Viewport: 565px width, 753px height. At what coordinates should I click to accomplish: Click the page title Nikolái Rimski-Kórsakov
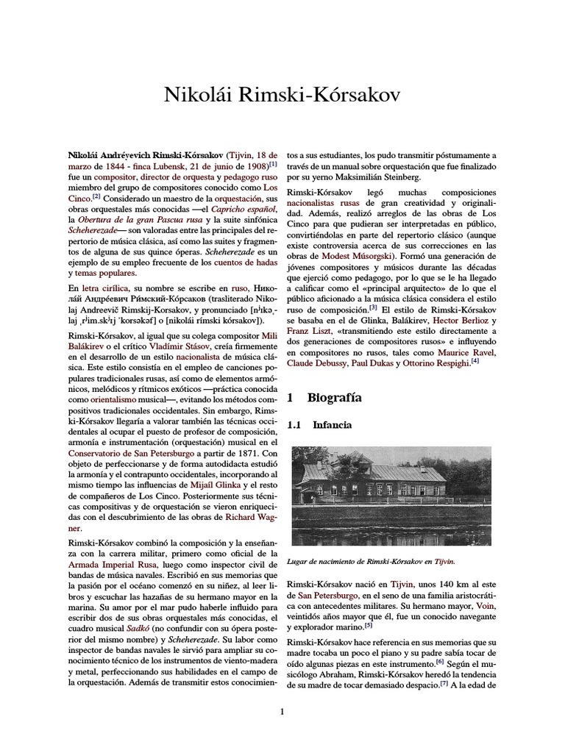pyautogui.click(x=282, y=96)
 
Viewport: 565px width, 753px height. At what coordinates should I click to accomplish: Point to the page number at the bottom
pyautogui.click(x=282, y=711)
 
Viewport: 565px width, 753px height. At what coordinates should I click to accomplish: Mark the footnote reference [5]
pyautogui.click(x=369, y=626)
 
